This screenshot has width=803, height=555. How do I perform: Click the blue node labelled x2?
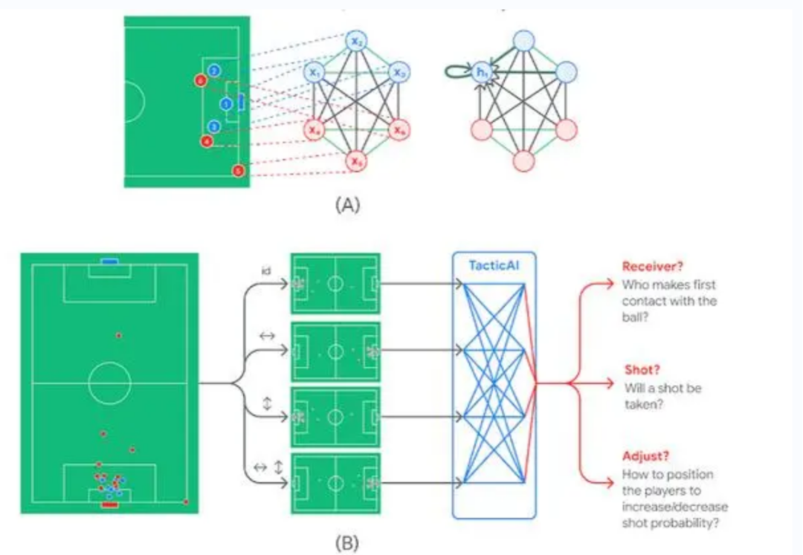(357, 42)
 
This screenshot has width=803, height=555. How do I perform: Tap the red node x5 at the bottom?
(357, 160)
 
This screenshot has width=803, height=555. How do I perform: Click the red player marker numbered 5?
(238, 170)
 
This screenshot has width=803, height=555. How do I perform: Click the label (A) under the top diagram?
(346, 205)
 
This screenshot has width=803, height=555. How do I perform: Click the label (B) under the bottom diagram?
(346, 542)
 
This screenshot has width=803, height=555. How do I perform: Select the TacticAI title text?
(494, 265)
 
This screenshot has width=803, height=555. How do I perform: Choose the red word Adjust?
(643, 456)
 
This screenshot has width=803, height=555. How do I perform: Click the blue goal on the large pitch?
(109, 261)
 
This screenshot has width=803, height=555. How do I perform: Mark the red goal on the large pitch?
(109, 504)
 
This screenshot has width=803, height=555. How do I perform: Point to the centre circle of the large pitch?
(109, 383)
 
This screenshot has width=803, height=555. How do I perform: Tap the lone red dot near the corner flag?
(186, 502)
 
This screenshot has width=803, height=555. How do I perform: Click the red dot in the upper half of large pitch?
(118, 336)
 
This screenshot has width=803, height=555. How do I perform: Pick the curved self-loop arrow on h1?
(456, 71)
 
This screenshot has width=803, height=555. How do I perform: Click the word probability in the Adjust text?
(678, 523)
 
